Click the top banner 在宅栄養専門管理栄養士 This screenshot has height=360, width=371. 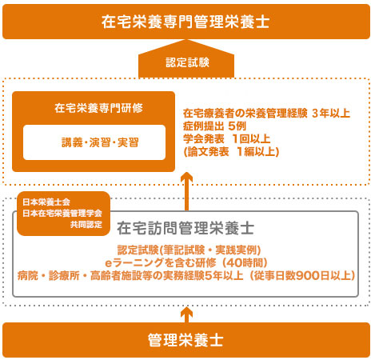point(185,22)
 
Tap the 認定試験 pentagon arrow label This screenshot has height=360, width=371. point(186,59)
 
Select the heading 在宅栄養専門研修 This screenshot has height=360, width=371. point(98,108)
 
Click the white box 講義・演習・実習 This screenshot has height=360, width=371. point(94,142)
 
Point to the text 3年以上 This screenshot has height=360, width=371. point(331,114)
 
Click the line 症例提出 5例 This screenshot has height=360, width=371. point(214,126)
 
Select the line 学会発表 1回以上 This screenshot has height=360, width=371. point(226,139)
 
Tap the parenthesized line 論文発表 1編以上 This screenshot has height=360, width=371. point(231,152)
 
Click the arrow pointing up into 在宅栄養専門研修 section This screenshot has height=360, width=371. point(186,191)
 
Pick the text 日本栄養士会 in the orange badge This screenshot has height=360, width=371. point(46,202)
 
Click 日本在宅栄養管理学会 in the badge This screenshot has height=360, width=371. point(62,214)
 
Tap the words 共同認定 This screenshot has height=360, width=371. point(86,225)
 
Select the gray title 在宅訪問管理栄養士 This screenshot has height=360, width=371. point(185,228)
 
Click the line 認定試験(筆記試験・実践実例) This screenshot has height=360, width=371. point(189,250)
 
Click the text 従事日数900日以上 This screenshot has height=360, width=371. point(302,275)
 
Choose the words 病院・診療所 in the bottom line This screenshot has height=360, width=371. point(48,275)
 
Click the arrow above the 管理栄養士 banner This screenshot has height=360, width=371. point(186,314)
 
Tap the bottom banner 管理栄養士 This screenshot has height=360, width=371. point(185,340)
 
